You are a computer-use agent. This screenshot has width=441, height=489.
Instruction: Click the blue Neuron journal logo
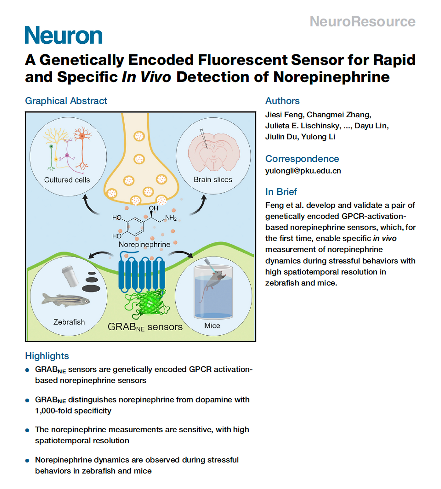(x=64, y=35)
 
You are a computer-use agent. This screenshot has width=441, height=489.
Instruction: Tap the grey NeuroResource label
(x=362, y=22)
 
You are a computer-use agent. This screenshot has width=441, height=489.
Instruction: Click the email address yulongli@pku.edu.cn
(x=303, y=171)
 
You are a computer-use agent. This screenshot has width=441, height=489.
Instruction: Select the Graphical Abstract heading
(x=66, y=101)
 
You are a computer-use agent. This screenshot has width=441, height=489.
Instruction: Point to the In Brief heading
(x=281, y=192)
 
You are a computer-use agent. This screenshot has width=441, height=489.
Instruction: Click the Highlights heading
(x=47, y=356)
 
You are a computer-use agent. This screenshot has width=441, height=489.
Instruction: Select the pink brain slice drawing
(x=214, y=152)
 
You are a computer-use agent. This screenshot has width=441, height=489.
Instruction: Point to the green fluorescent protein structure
(x=146, y=304)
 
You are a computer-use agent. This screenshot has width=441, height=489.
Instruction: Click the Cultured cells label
(x=67, y=180)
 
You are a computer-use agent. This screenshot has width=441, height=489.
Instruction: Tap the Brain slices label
(x=213, y=180)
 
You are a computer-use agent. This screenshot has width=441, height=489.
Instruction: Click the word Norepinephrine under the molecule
(x=144, y=244)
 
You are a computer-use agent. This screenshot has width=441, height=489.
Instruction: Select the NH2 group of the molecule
(x=171, y=218)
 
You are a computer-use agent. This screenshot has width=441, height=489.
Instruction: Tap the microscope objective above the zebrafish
(x=70, y=276)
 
